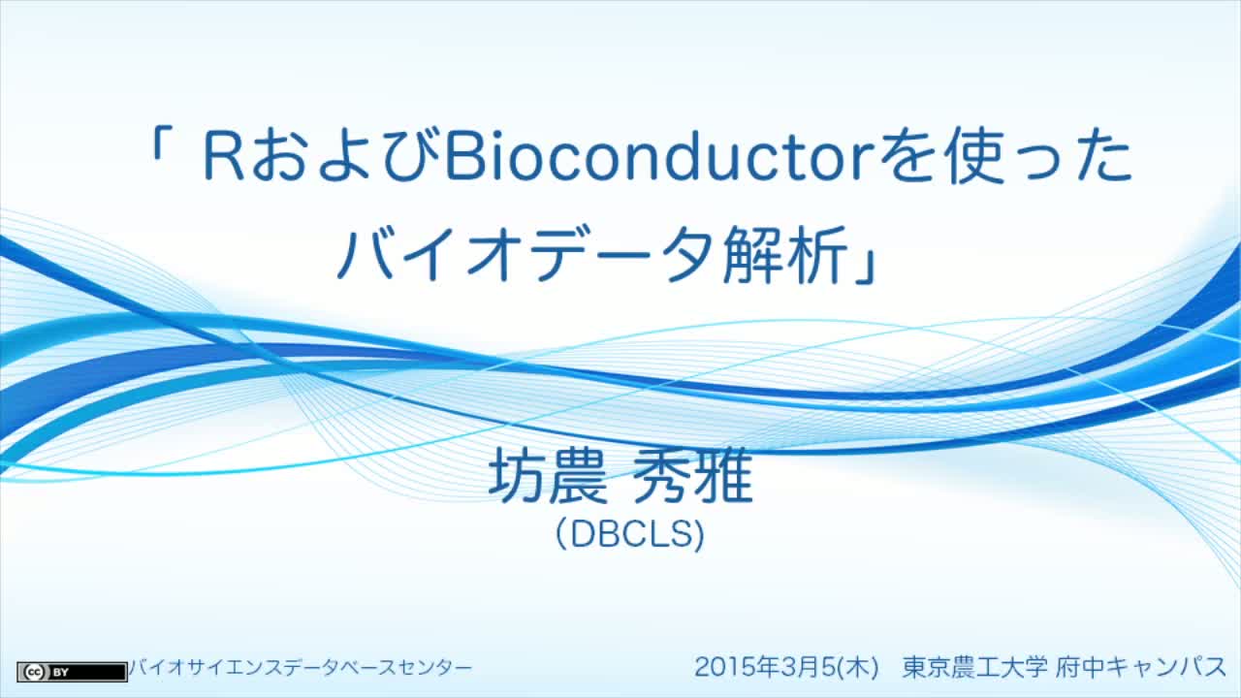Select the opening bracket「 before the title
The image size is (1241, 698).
click(x=161, y=146)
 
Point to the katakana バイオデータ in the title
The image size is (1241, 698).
click(x=525, y=254)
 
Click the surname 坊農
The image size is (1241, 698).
click(x=548, y=475)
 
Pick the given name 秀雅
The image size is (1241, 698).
click(x=692, y=475)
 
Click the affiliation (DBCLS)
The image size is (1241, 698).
click(x=630, y=534)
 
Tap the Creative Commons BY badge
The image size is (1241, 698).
click(x=72, y=672)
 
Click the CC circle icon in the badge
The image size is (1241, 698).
click(x=34, y=672)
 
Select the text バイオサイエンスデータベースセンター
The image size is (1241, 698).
click(x=300, y=667)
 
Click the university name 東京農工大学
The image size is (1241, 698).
click(x=974, y=666)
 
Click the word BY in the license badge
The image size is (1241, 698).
click(x=60, y=672)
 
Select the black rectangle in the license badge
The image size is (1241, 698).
click(x=97, y=672)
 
